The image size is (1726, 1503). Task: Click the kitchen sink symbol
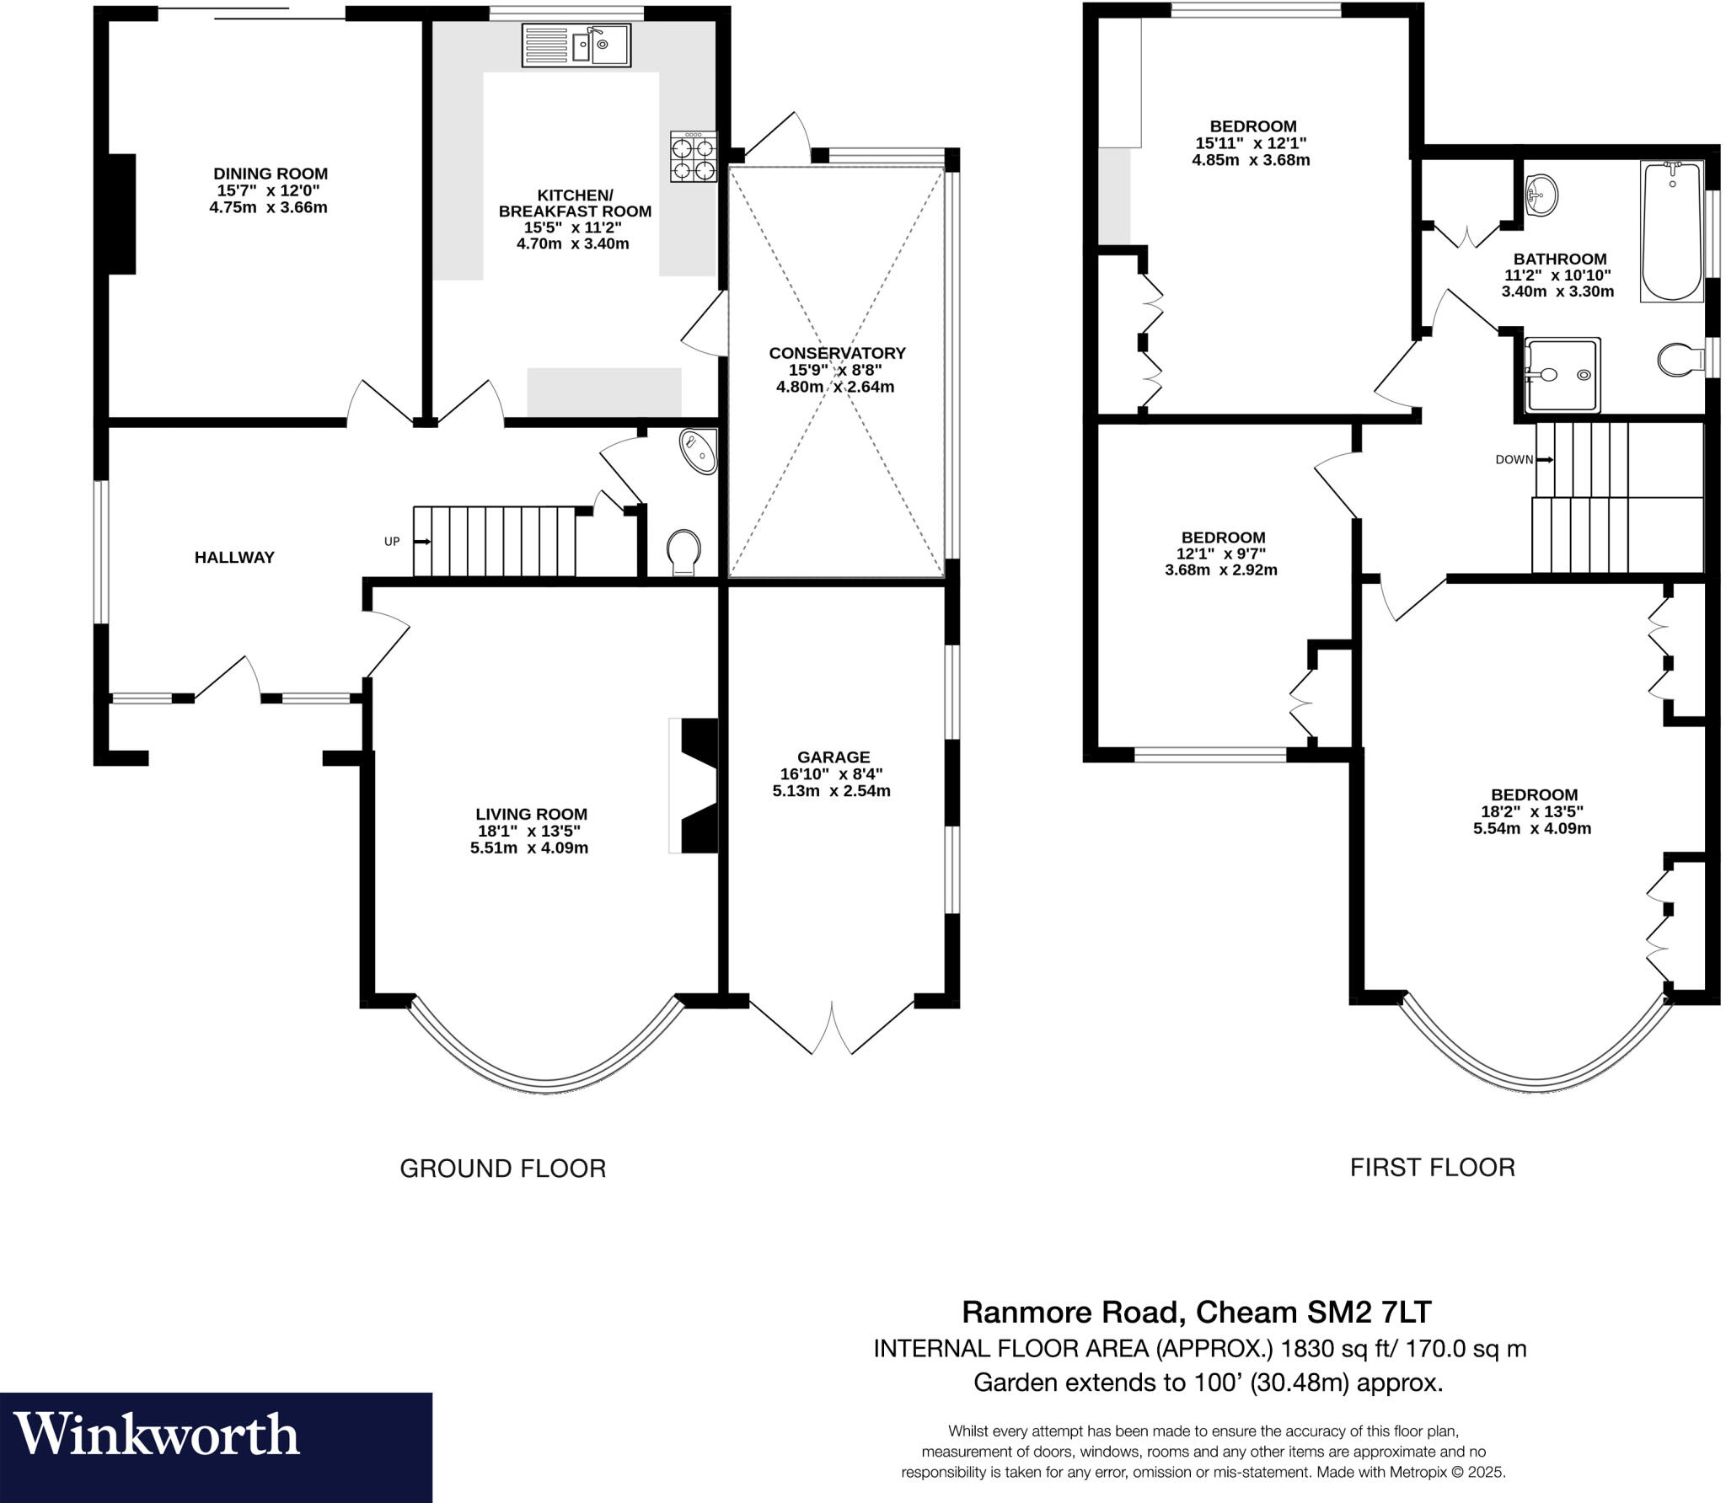576,45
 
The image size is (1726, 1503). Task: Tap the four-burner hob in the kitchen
693,157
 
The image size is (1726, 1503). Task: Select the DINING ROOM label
270,174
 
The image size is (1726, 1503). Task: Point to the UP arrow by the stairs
422,541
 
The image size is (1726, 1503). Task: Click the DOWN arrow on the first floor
1545,459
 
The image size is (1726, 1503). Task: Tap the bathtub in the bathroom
1672,232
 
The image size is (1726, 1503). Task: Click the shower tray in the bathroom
1563,375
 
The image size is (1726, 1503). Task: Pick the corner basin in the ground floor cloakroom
700,451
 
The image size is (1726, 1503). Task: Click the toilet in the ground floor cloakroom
683,552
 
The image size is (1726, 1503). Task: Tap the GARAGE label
833,757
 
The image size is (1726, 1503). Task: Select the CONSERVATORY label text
836,353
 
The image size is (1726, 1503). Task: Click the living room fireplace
697,785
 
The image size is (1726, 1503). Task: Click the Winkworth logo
157,1435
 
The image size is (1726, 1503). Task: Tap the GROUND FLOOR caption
502,1168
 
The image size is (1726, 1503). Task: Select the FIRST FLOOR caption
1432,1167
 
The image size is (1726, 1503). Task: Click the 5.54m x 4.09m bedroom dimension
1531,828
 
